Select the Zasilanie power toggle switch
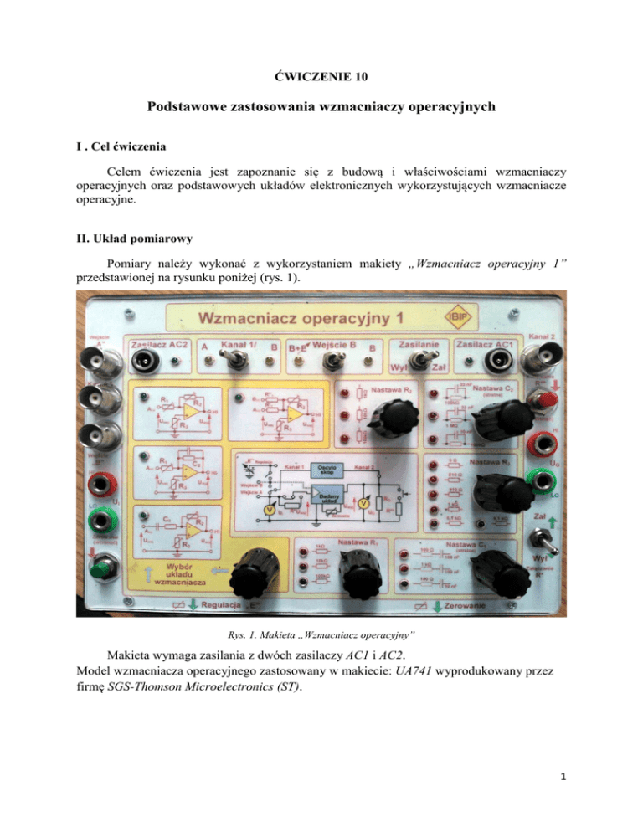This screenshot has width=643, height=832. click(x=406, y=362)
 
